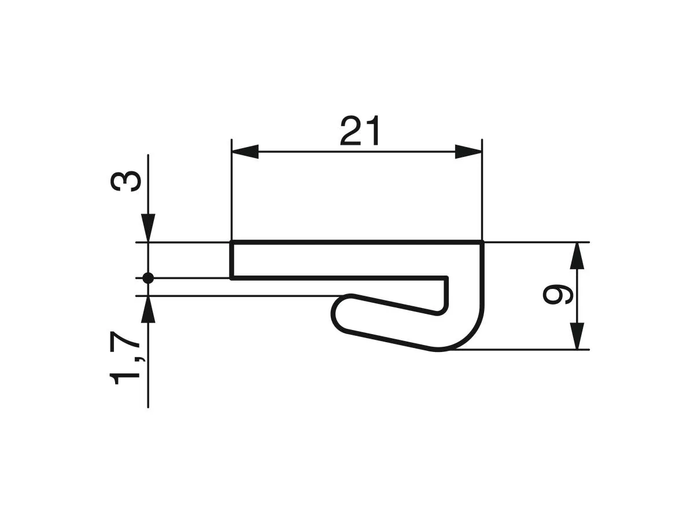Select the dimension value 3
(125, 181)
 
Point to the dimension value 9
(558, 295)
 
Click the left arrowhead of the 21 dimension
(245, 152)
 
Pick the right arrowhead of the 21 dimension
(468, 152)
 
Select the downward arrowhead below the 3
(149, 228)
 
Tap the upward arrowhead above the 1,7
(149, 309)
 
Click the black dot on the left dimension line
(148, 278)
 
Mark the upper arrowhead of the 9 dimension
(577, 256)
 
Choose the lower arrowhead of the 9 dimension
(577, 336)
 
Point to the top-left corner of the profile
(232, 243)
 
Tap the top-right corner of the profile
(482, 243)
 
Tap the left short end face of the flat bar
(232, 261)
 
